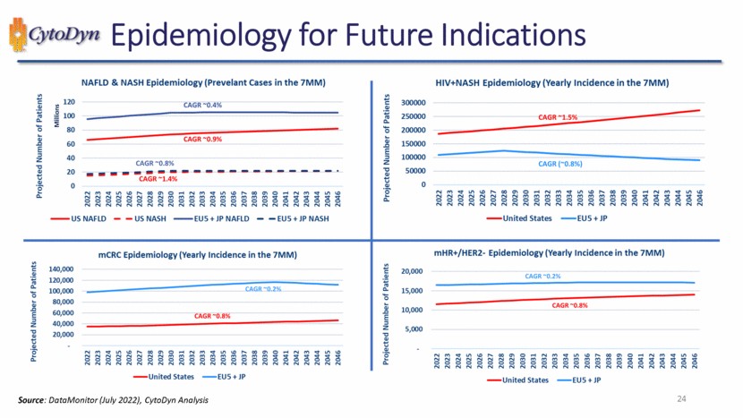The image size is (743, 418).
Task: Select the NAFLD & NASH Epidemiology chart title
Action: point(202,82)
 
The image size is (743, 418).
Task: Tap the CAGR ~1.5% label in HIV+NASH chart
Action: point(557,117)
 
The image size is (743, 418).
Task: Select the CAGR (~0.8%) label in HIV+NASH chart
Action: point(559,164)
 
